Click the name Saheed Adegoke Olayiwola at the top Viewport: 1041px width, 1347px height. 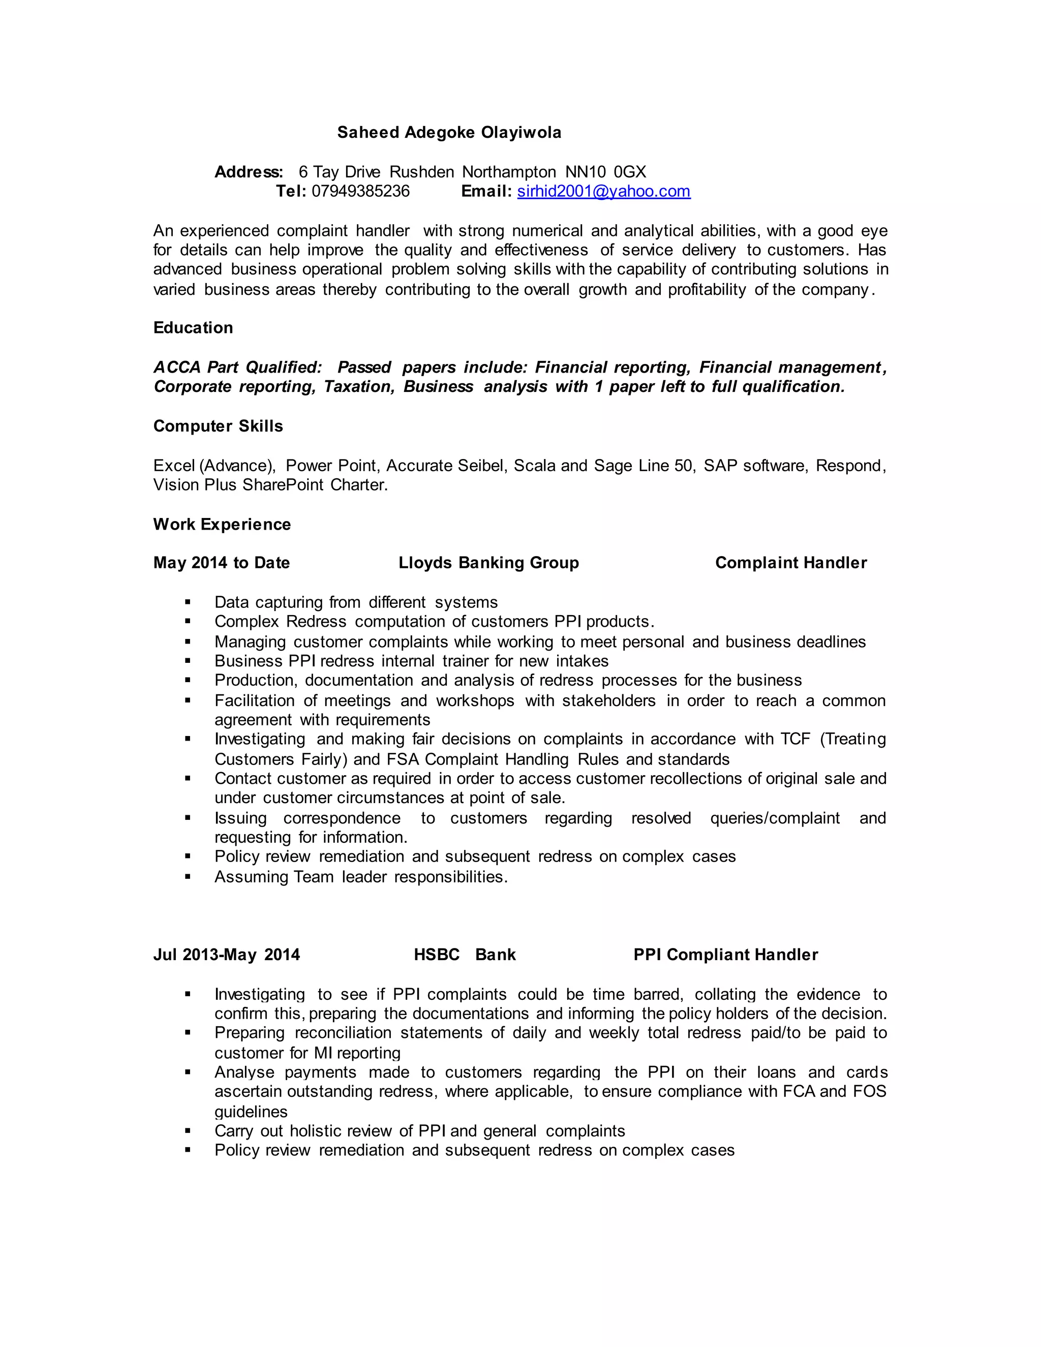pos(449,133)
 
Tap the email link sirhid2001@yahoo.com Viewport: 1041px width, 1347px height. pos(603,191)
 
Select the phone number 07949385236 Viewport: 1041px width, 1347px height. pos(360,191)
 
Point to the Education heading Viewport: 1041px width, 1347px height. pos(193,327)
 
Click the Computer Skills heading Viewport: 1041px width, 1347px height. pos(218,426)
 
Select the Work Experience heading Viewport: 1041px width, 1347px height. pos(222,524)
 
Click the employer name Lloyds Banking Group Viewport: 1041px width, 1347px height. pos(488,563)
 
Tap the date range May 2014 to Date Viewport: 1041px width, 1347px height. pos(222,563)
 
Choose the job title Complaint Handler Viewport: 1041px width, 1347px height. pos(790,563)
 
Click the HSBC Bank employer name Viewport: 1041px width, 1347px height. pos(465,955)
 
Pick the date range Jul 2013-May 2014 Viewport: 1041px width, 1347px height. pos(226,955)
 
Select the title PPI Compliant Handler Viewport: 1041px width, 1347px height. pos(725,955)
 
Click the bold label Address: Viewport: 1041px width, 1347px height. pos(249,172)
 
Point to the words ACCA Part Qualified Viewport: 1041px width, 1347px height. pos(237,368)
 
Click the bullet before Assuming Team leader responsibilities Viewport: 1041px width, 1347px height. pos(188,876)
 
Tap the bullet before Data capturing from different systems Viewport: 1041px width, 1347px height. pos(188,602)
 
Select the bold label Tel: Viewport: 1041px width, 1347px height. pos(290,191)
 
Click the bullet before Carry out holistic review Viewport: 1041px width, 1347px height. pos(188,1130)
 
